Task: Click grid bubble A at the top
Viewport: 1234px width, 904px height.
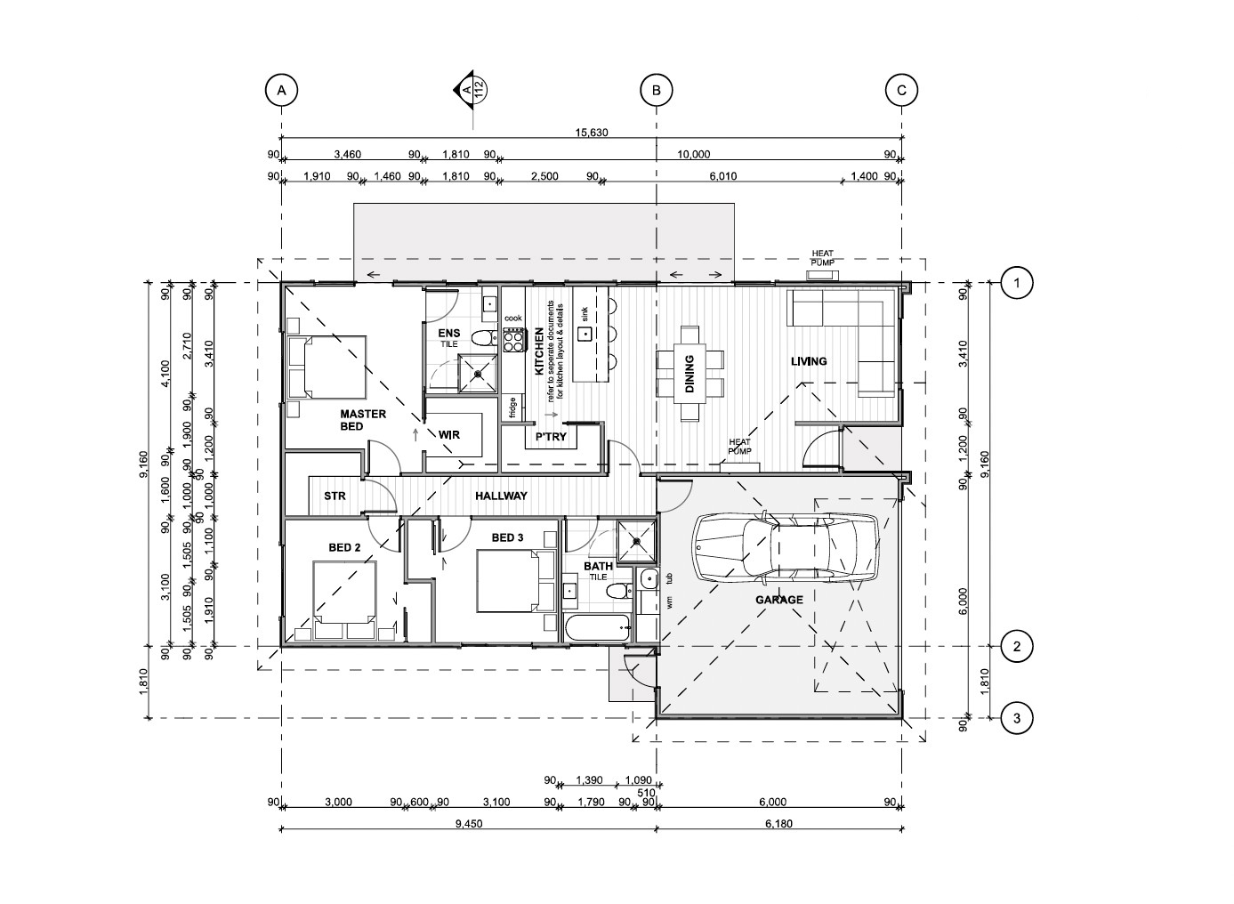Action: [x=281, y=90]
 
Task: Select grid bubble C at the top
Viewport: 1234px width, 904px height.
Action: [x=901, y=90]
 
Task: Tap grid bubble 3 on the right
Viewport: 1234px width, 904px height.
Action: [x=1016, y=718]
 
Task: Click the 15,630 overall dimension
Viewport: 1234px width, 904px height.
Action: [x=592, y=133]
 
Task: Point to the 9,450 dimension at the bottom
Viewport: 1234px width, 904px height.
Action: [x=469, y=824]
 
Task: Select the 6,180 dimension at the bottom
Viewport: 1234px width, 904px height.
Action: [x=778, y=824]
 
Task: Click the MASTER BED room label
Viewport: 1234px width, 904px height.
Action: [x=362, y=420]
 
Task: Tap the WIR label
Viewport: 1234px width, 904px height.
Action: [x=449, y=434]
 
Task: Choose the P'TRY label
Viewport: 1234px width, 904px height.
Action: [x=551, y=437]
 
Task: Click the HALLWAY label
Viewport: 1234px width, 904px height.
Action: [x=501, y=496]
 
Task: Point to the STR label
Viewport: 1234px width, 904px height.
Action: [x=335, y=496]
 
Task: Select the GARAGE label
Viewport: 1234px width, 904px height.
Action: [x=779, y=600]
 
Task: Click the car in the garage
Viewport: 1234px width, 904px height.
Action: [x=786, y=548]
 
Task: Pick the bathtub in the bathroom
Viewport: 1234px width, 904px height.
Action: [x=597, y=628]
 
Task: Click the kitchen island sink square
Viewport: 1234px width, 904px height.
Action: [x=585, y=334]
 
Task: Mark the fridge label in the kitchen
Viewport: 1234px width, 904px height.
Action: [x=512, y=408]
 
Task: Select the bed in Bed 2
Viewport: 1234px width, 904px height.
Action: [x=345, y=601]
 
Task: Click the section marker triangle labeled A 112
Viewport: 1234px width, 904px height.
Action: [x=464, y=90]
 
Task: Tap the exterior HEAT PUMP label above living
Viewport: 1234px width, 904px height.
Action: [x=822, y=258]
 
